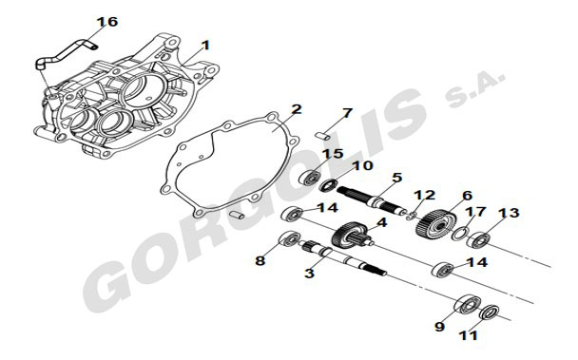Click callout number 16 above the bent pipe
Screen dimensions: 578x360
click(x=107, y=22)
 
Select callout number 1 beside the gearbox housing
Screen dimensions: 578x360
click(x=205, y=46)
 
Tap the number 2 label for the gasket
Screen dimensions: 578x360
click(x=297, y=109)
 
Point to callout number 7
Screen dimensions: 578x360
click(x=347, y=113)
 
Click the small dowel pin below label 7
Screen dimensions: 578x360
click(x=323, y=135)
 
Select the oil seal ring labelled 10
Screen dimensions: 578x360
click(x=328, y=185)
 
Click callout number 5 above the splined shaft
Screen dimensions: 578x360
click(x=397, y=178)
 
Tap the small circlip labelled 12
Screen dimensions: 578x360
click(x=413, y=216)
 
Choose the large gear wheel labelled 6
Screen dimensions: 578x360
click(x=436, y=223)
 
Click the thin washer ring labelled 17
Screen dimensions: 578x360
click(x=461, y=234)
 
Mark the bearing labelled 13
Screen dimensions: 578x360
click(x=479, y=240)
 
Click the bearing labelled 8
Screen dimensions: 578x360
click(x=289, y=239)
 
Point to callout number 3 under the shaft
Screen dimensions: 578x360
click(x=309, y=273)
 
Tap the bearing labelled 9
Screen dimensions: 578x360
click(x=468, y=304)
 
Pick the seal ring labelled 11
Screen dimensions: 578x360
click(x=490, y=313)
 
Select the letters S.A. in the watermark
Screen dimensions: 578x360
click(x=474, y=88)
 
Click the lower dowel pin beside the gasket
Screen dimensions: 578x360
click(x=237, y=215)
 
